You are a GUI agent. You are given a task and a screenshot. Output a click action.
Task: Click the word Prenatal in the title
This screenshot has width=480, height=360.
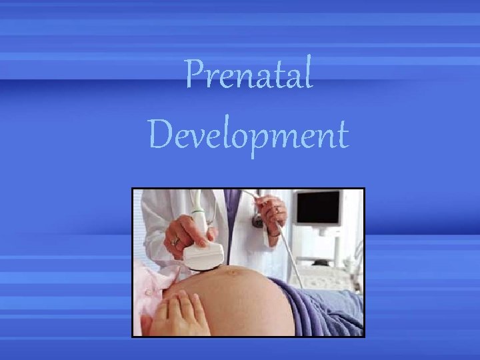pos(248,75)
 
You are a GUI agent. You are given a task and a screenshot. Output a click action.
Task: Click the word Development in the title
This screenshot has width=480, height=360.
pos(248,135)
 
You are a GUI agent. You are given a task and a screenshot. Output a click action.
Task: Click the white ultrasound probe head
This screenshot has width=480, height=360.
pos(203,255)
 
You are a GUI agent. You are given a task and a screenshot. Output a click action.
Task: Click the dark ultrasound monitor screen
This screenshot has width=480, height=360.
pos(319,209)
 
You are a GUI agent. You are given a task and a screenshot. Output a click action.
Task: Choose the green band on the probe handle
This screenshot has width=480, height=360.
pos(199,212)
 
